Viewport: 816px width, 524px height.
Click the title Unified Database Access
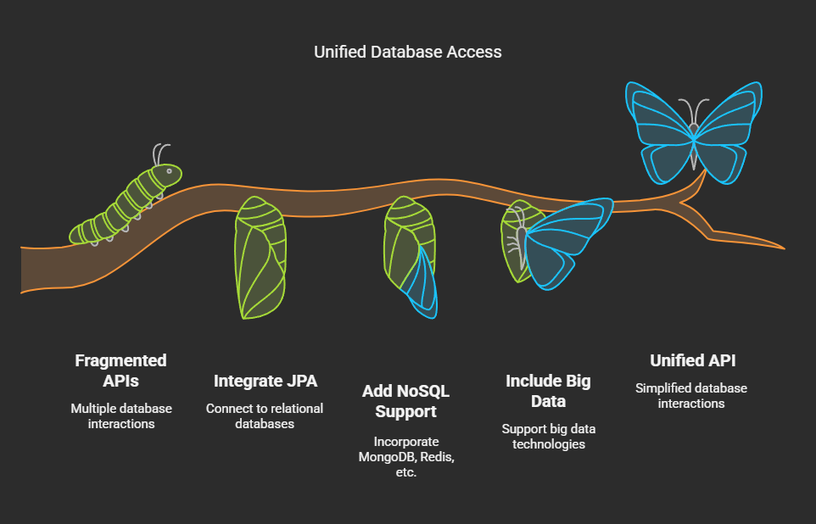(407, 52)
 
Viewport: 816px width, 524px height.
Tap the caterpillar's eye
(169, 170)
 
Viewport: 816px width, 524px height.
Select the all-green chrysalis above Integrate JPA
(260, 258)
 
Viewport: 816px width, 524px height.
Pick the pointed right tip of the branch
(784, 248)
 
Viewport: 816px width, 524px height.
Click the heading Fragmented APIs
(120, 371)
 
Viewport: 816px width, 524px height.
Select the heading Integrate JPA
(265, 381)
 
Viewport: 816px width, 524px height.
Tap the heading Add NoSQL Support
(406, 401)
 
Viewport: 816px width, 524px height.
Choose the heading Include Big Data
(549, 391)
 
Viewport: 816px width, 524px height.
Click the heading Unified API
(693, 360)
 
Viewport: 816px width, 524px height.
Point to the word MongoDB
(387, 457)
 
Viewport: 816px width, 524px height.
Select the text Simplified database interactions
(691, 396)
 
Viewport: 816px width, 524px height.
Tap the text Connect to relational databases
(265, 416)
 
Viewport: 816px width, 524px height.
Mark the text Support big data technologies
(549, 437)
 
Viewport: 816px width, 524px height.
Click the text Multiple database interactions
(121, 416)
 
